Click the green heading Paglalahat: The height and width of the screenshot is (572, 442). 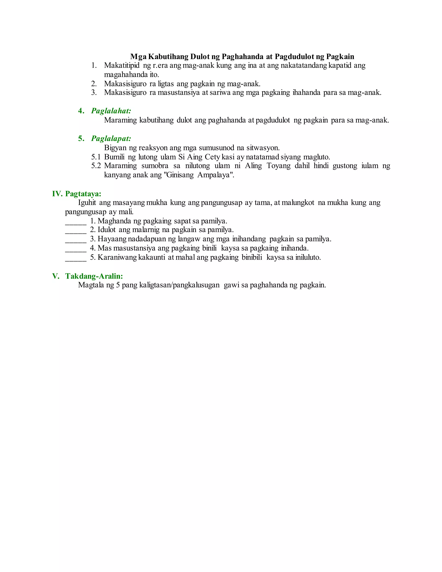coord(111,111)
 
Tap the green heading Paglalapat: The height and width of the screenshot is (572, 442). coord(111,139)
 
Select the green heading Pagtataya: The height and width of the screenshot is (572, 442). coord(83,194)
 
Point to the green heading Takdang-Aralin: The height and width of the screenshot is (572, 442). coord(94,276)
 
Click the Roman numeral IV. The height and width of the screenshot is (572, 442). coord(57,194)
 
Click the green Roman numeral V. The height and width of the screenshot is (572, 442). coord(55,276)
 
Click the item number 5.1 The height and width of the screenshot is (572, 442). coord(96,157)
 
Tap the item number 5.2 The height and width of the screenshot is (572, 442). coord(96,166)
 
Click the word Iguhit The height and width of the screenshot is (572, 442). coord(87,203)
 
